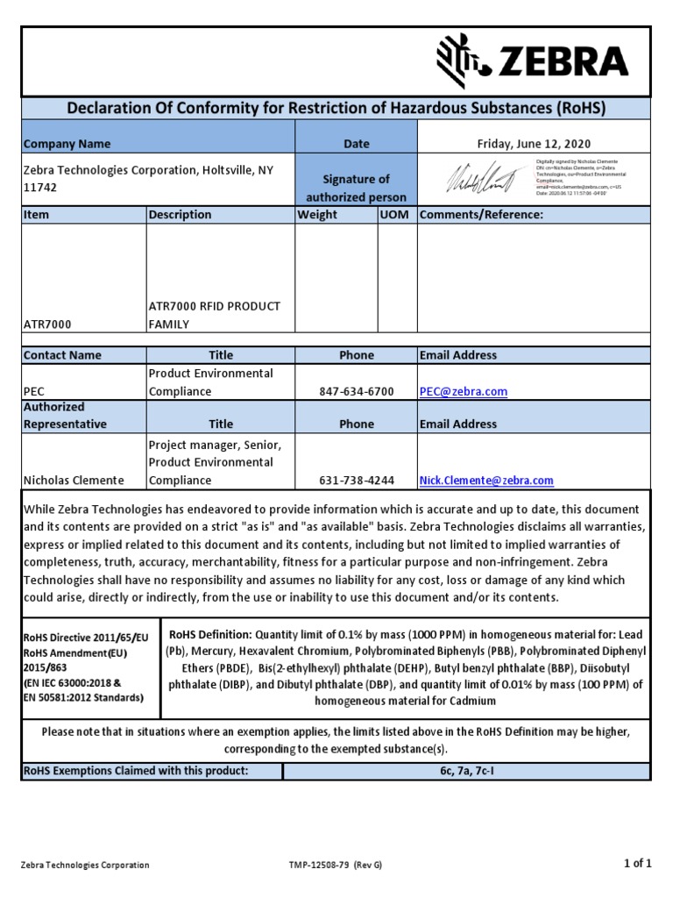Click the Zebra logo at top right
point(532,61)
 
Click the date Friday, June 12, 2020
point(533,143)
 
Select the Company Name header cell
point(67,144)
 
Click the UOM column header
point(394,215)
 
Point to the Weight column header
point(317,215)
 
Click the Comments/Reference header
point(482,215)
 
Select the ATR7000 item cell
point(48,324)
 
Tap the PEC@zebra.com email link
point(464,391)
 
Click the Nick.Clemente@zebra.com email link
point(486,481)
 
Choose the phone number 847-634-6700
point(357,391)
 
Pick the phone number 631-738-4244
point(357,481)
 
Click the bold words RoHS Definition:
point(210,634)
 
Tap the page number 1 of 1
point(637,864)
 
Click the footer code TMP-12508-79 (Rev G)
point(336,865)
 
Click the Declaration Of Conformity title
point(336,108)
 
